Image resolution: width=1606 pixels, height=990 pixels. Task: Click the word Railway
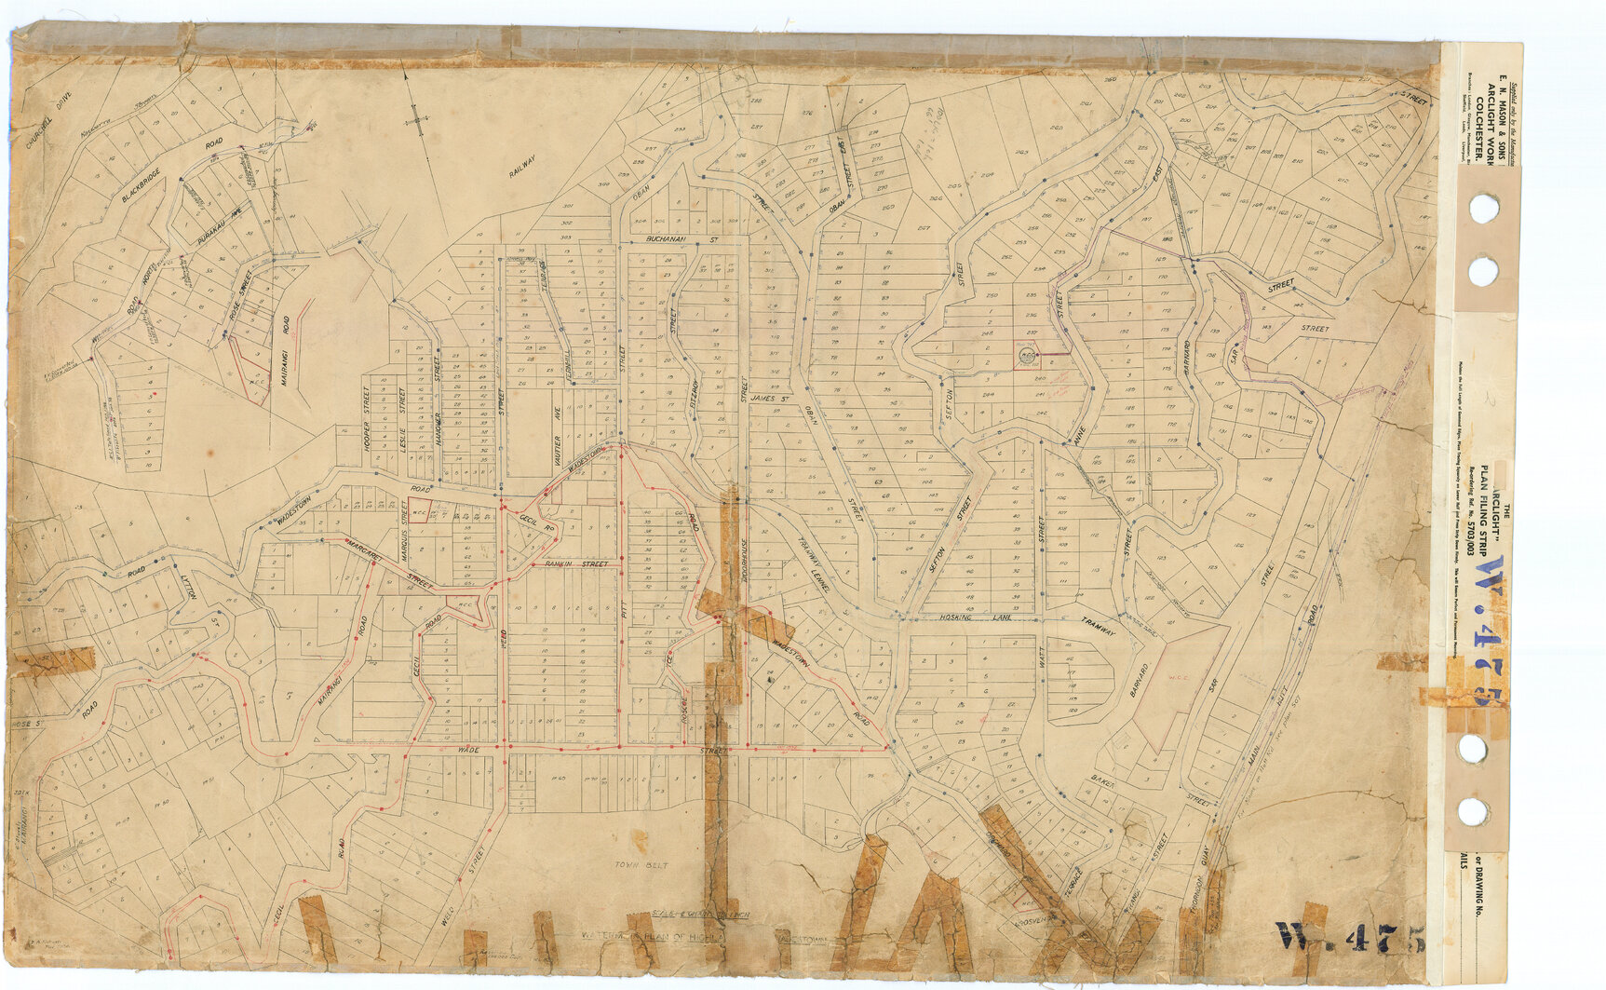point(523,168)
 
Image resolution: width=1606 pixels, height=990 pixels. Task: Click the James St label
point(770,399)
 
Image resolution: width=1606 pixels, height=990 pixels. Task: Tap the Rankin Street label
point(575,564)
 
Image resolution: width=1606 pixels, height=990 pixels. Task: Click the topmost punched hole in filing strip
point(1482,206)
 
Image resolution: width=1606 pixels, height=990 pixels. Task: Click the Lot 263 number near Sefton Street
point(1021,153)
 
